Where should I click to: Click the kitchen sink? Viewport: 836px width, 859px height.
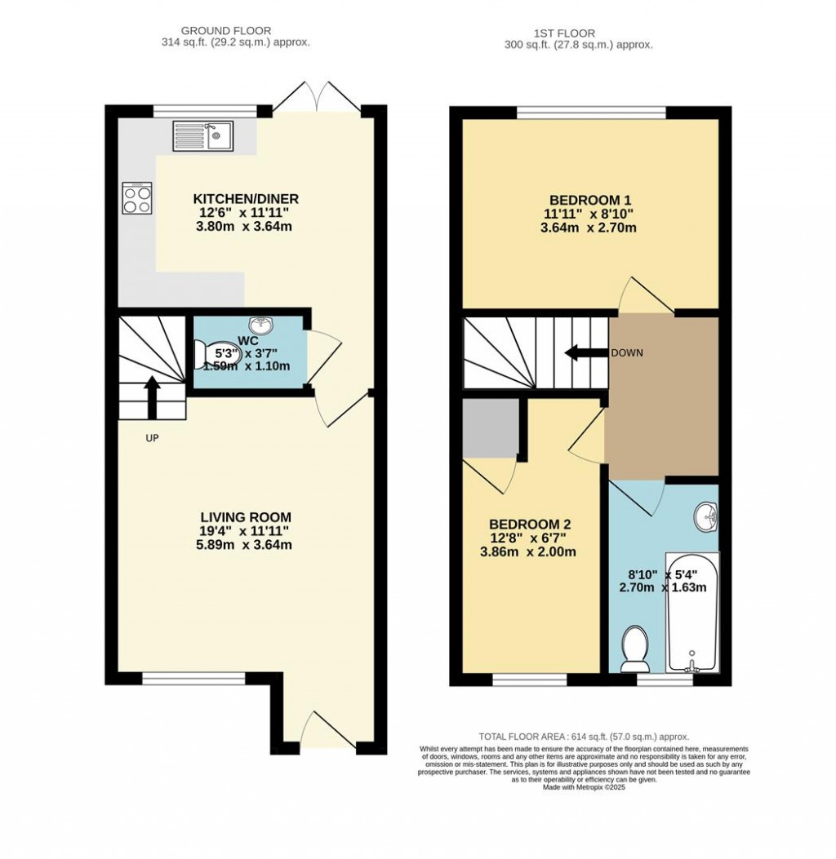(x=203, y=136)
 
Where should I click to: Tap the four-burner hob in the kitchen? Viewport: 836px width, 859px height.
(x=136, y=198)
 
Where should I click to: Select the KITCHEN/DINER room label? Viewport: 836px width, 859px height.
(x=246, y=199)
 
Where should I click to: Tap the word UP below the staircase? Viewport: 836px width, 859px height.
(x=152, y=439)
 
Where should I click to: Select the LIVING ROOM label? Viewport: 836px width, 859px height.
(x=246, y=517)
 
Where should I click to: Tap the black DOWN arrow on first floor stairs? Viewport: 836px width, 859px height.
(x=582, y=353)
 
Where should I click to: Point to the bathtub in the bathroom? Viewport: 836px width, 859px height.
(x=691, y=612)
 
